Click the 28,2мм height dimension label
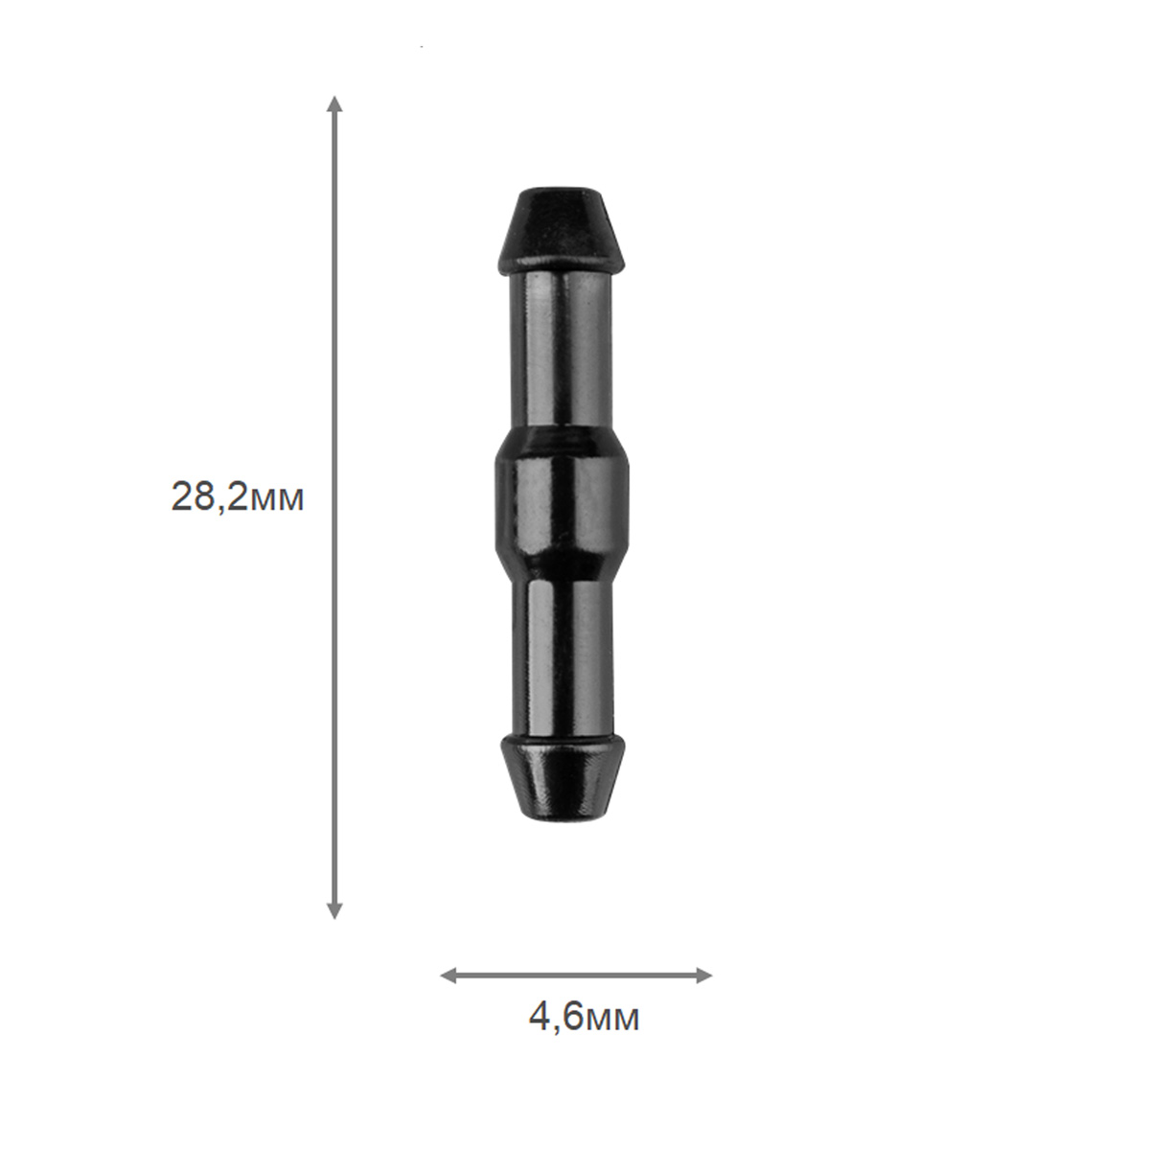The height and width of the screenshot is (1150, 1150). point(238,497)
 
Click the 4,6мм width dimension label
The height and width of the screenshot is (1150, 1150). point(584,1019)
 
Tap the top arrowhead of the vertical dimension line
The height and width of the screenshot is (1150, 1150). point(335,103)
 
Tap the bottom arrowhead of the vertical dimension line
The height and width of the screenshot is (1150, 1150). point(335,909)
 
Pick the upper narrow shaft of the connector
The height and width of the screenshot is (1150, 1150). point(561,350)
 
